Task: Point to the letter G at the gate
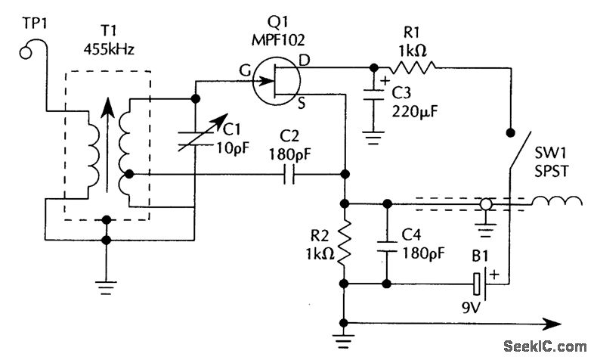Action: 246,70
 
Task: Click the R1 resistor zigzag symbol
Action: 412,67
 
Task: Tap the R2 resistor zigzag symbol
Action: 345,243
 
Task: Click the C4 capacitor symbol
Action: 388,242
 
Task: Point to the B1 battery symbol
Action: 482,285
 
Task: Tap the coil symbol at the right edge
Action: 555,202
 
